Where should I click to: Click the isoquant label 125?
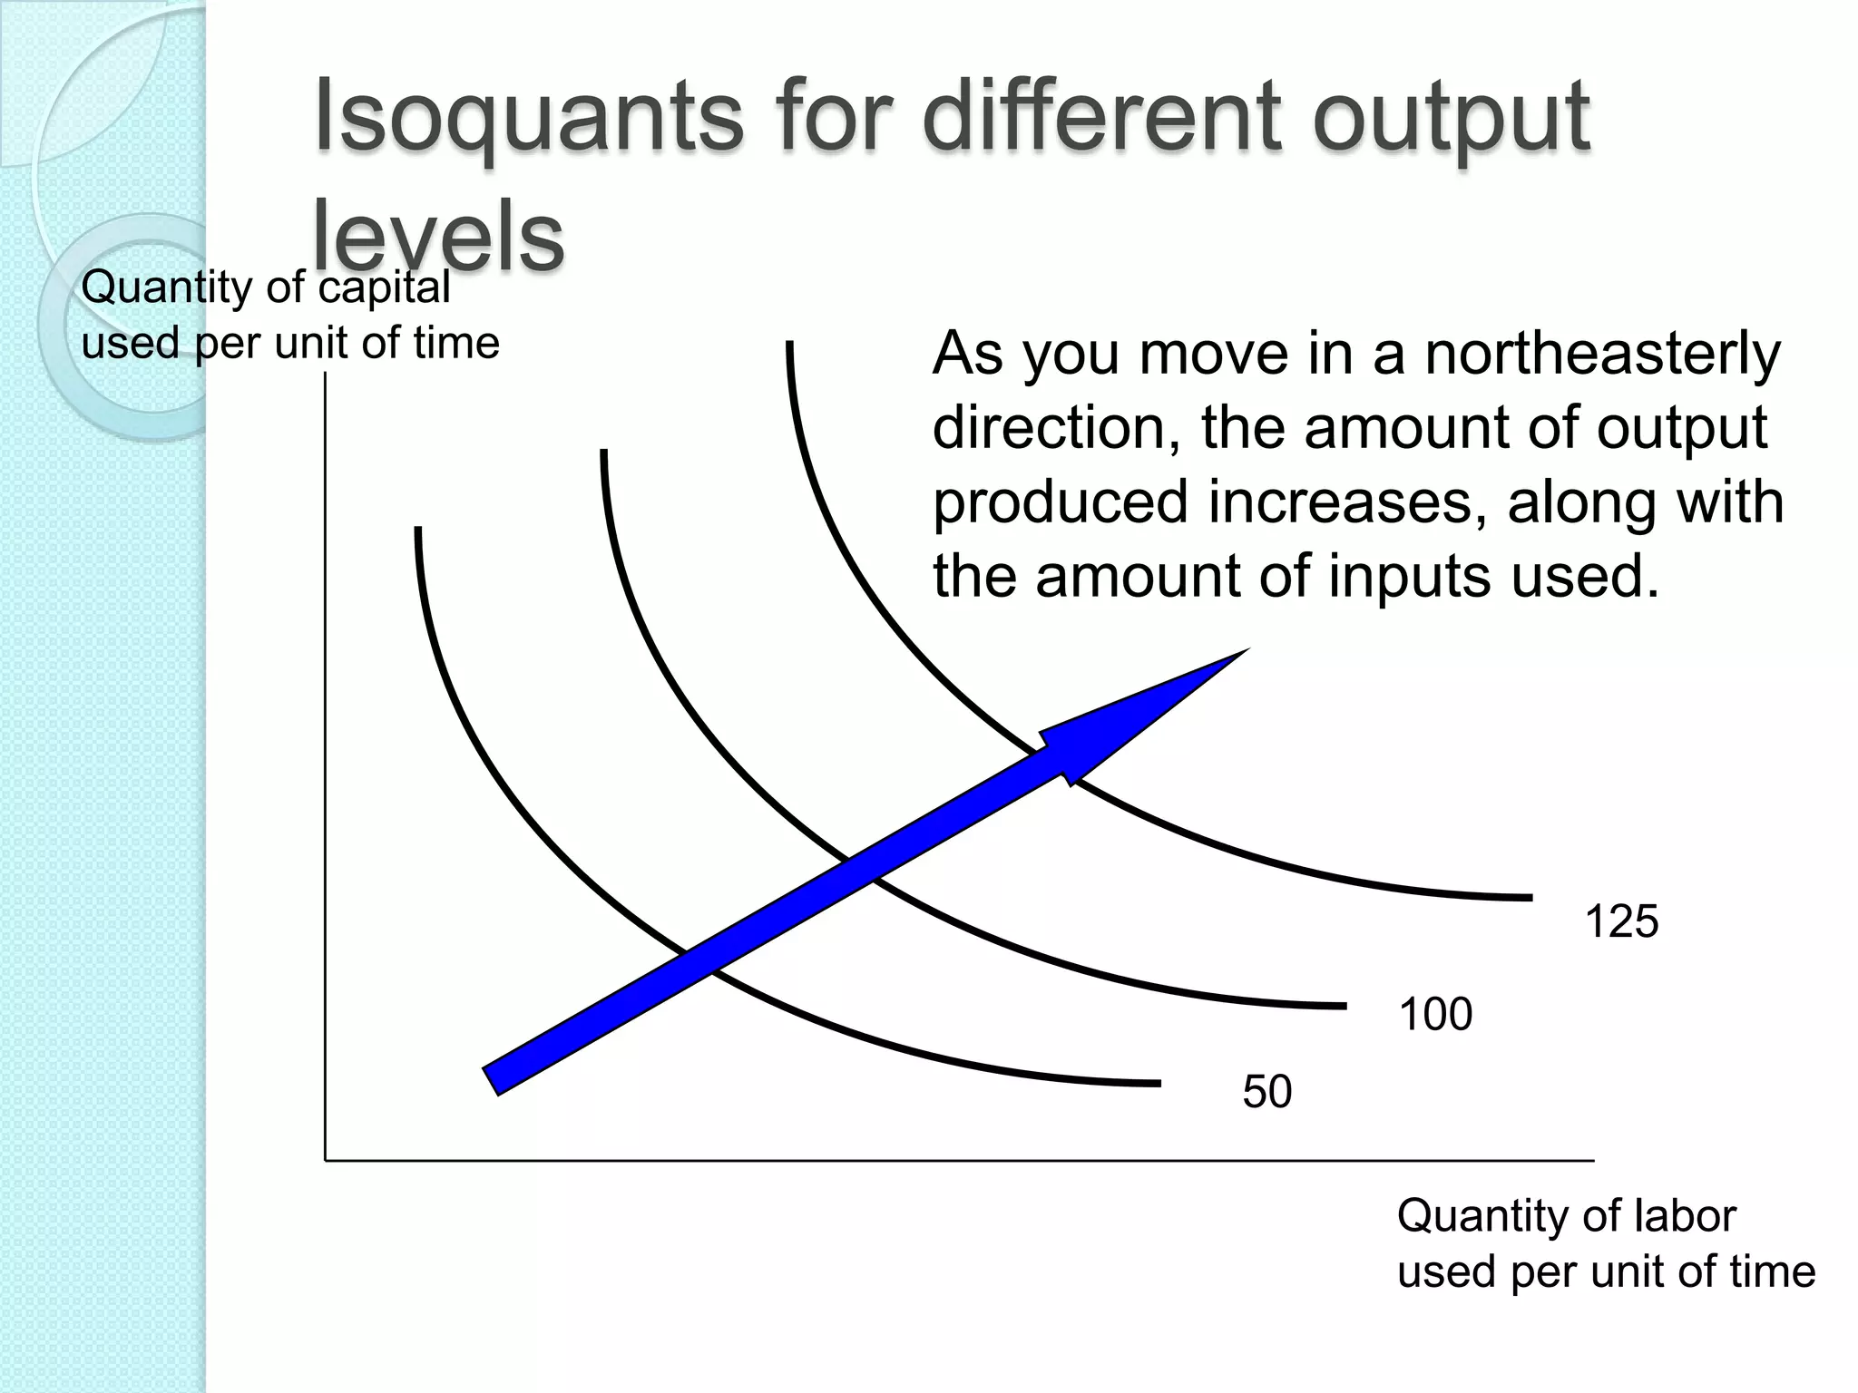(1621, 921)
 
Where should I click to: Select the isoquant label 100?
(1435, 1014)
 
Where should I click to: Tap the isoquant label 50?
(1266, 1091)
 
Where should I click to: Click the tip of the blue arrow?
(1247, 649)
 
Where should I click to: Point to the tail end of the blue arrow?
(492, 1081)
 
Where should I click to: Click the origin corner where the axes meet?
(326, 1160)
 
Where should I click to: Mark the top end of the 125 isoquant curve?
(789, 344)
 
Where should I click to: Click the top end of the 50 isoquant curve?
(418, 529)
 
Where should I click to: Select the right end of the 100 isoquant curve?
(1345, 1006)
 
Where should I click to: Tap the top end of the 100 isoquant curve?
(603, 452)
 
